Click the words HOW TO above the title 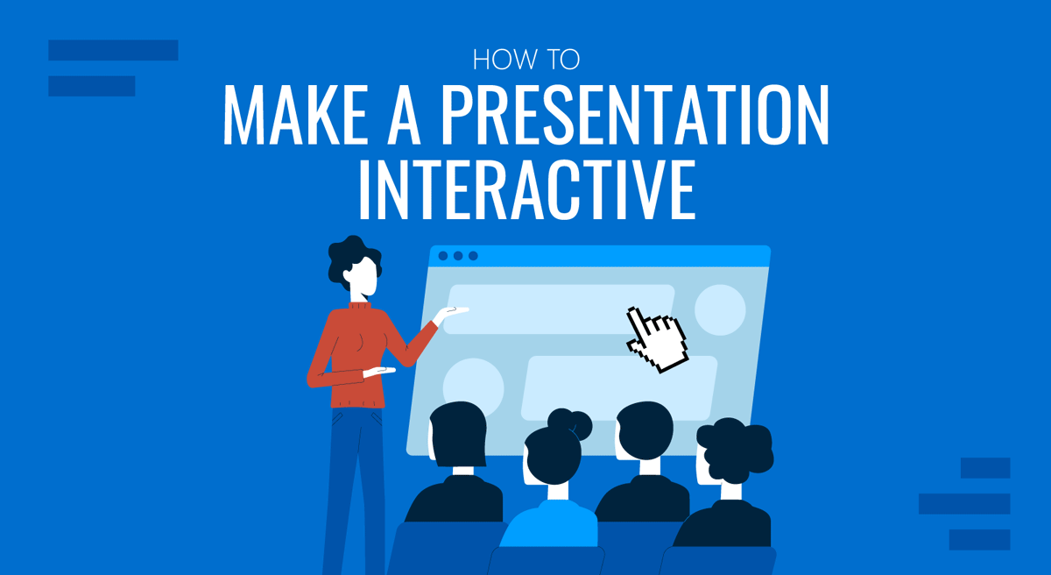click(525, 60)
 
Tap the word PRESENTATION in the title click(634, 117)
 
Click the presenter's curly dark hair click(354, 259)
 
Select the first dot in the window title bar click(443, 256)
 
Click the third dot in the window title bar click(473, 256)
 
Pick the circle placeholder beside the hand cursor click(720, 309)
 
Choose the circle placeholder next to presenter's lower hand click(473, 386)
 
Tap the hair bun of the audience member click(577, 425)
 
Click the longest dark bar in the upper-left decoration click(113, 50)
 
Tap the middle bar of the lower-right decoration click(964, 504)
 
